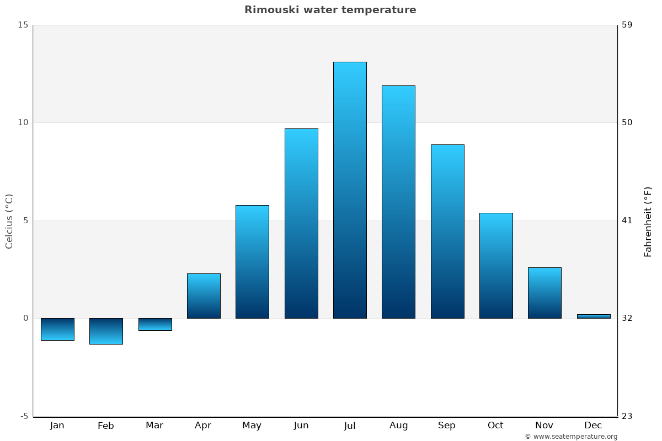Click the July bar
[x=350, y=190]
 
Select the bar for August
[x=398, y=202]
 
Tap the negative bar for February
[x=106, y=331]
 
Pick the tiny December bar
[x=594, y=316]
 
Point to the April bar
[x=204, y=296]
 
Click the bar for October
[x=496, y=266]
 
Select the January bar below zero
[x=57, y=329]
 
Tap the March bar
[x=155, y=324]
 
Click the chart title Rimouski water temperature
[x=330, y=10]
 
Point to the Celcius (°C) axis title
[x=9, y=221]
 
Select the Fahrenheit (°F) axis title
[x=648, y=221]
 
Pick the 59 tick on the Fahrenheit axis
[x=627, y=25]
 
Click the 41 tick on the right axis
[x=627, y=220]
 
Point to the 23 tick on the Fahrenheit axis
[x=627, y=416]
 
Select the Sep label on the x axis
[x=447, y=426]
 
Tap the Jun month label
[x=301, y=426]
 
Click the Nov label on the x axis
[x=544, y=426]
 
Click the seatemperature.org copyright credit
[x=571, y=437]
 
